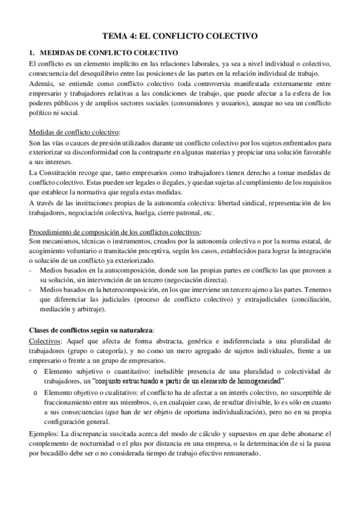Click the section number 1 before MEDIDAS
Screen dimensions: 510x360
(31, 53)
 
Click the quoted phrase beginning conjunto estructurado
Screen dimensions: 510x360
(189, 381)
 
